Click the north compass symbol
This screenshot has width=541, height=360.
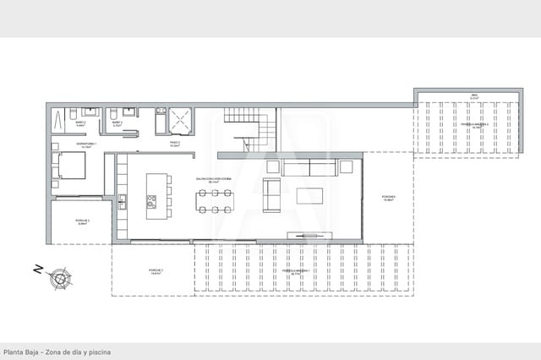[60, 275]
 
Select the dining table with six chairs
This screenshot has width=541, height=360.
[216, 200]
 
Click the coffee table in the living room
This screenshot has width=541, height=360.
[309, 195]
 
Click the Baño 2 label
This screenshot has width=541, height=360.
[81, 123]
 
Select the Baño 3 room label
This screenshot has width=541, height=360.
[117, 123]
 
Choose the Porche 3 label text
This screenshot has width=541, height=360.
[156, 271]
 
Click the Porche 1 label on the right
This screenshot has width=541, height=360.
[389, 199]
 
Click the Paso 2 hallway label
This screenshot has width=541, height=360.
[175, 143]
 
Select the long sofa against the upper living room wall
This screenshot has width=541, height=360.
[309, 168]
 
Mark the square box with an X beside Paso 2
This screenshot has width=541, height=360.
[180, 122]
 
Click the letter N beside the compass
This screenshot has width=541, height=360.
[37, 270]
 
